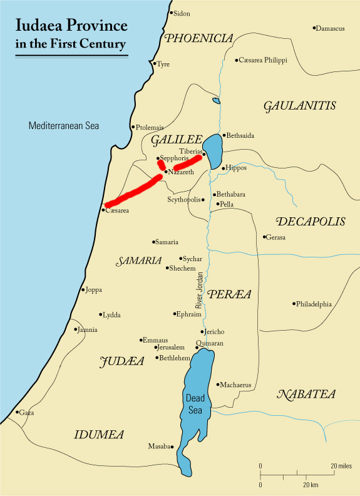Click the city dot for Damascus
click(314, 28)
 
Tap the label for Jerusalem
click(171, 347)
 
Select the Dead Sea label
click(195, 403)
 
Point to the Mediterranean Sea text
click(64, 126)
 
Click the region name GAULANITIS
click(300, 106)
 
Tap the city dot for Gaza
click(17, 412)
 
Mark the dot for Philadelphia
click(294, 304)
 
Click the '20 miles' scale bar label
click(342, 467)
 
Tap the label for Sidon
click(182, 13)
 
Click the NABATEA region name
click(306, 395)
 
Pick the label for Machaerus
click(235, 385)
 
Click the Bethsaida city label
click(241, 135)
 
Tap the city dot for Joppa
click(83, 290)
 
